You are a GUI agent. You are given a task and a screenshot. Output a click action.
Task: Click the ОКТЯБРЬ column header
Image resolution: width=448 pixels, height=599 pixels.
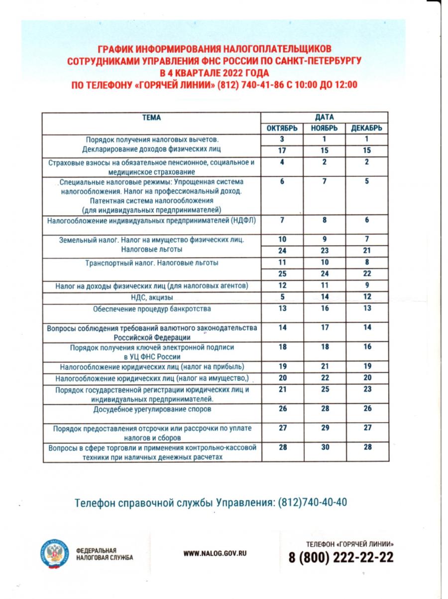(x=282, y=128)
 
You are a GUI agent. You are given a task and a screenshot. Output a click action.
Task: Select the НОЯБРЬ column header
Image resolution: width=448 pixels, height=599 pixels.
(x=324, y=128)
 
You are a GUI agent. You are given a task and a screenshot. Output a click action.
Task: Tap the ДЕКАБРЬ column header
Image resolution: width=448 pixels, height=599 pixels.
(x=367, y=128)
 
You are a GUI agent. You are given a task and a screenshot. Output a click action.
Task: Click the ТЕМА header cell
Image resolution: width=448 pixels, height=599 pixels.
(x=152, y=118)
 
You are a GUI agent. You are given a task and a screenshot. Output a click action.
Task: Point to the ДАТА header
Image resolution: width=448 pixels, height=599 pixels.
(x=324, y=118)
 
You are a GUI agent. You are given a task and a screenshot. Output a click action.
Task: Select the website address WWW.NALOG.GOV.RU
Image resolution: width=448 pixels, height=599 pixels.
(x=215, y=553)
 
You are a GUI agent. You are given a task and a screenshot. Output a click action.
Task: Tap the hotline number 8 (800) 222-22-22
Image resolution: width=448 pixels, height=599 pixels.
(x=341, y=557)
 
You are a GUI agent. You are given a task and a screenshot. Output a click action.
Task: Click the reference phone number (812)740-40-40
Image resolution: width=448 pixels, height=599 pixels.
(x=313, y=502)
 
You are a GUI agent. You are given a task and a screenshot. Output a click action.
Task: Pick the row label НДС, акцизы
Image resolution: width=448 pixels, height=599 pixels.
(x=152, y=298)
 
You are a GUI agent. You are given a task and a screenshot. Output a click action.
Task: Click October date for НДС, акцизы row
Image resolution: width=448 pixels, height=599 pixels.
(x=282, y=297)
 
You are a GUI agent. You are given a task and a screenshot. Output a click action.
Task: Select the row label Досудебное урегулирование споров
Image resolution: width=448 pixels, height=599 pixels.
(x=152, y=410)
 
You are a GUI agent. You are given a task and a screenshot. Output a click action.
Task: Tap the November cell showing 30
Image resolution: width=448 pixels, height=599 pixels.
(x=324, y=448)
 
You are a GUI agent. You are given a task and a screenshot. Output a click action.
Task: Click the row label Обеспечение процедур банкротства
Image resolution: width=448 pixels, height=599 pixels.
(x=152, y=309)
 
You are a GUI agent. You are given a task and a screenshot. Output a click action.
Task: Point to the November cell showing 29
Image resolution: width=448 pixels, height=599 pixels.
(x=324, y=428)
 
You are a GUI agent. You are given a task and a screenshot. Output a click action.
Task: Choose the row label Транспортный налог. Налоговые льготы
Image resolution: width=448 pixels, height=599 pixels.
(x=152, y=263)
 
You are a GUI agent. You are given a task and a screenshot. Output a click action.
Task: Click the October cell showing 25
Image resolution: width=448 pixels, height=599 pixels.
(x=282, y=274)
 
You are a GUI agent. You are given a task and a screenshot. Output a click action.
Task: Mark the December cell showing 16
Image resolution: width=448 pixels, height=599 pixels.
(x=367, y=347)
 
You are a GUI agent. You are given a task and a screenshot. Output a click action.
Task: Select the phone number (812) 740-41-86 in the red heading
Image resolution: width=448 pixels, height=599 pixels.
(x=250, y=85)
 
